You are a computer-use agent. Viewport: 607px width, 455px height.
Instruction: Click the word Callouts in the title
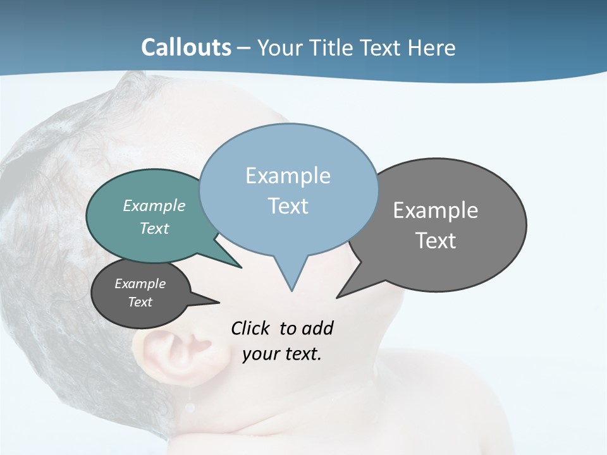[186, 48]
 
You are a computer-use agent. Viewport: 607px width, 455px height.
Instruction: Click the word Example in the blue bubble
[288, 176]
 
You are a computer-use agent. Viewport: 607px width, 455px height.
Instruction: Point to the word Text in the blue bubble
[288, 206]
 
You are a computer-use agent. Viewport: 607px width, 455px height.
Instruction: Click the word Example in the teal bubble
[154, 205]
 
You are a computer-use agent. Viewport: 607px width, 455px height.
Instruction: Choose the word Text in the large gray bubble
[436, 241]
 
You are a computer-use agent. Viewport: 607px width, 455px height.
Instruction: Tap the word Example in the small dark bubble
[140, 284]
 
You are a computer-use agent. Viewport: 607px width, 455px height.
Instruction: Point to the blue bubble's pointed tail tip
[291, 290]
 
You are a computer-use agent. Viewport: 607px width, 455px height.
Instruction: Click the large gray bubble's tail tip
[337, 297]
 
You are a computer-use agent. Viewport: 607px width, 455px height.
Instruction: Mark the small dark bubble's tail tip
[219, 303]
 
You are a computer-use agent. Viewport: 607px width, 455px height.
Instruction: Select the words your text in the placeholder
[282, 354]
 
